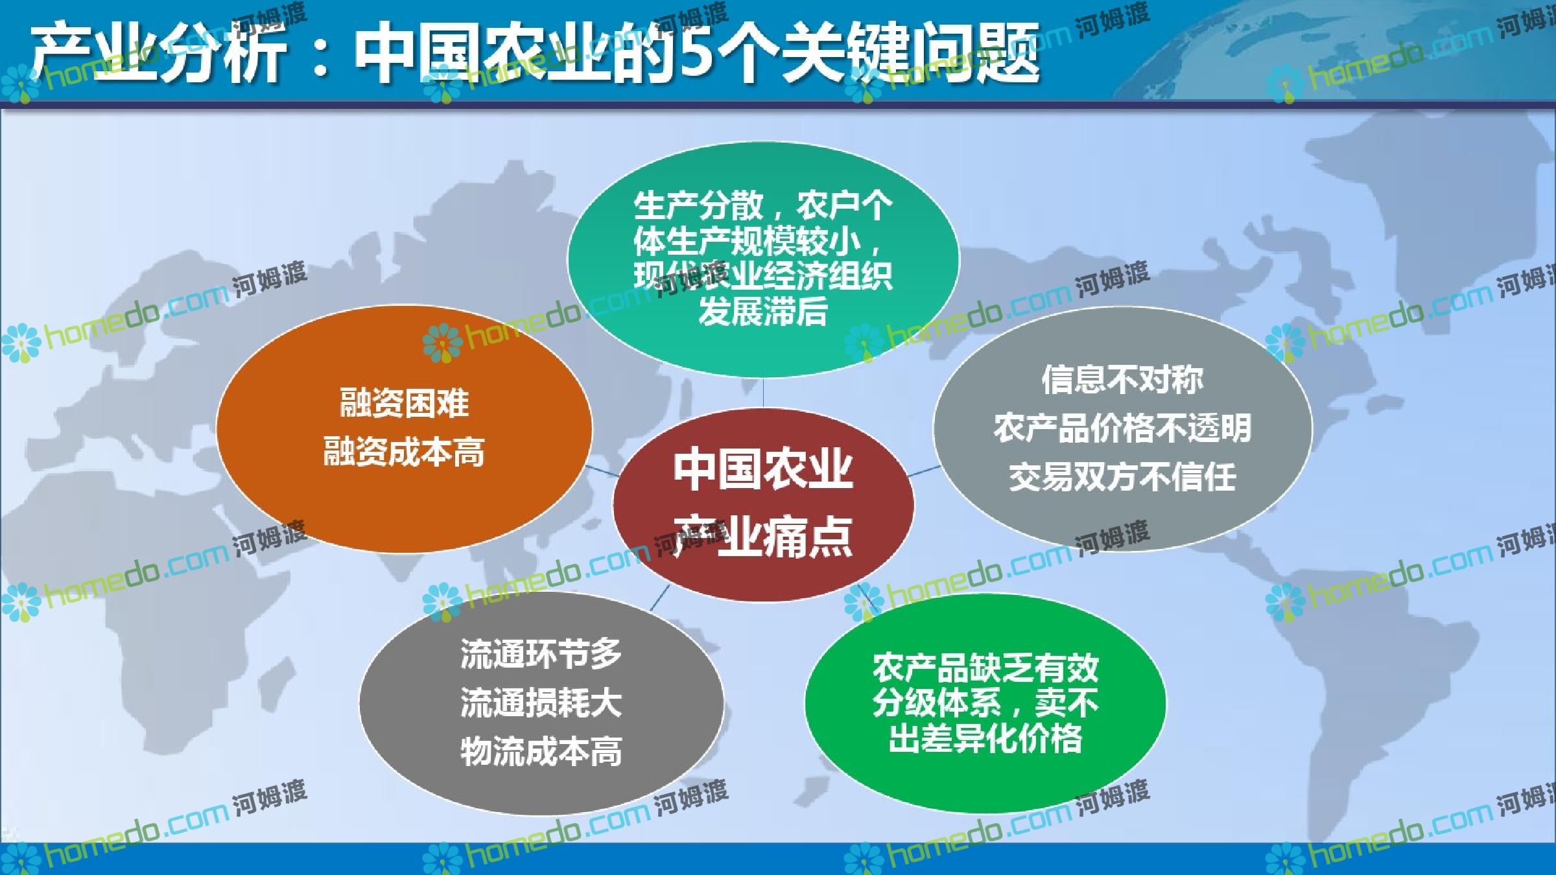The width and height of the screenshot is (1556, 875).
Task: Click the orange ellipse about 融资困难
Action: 404,429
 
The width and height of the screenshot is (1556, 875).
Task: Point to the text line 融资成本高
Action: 404,452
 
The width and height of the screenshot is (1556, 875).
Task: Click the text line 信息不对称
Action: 1122,379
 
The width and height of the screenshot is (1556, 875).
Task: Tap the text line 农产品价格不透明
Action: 1122,428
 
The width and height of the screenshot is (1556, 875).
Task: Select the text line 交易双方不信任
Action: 1122,476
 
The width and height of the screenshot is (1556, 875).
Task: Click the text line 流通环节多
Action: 541,653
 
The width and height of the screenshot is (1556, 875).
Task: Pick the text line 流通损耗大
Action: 541,702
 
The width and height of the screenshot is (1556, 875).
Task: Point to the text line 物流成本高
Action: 541,751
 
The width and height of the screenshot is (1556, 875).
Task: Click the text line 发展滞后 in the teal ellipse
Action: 763,312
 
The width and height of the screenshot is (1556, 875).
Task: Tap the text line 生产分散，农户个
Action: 763,206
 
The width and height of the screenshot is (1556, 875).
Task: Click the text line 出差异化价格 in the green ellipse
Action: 985,738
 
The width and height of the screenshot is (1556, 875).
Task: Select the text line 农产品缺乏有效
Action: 985,668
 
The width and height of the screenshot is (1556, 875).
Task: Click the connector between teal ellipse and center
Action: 763,393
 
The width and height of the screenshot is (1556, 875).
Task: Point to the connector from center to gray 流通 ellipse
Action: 660,597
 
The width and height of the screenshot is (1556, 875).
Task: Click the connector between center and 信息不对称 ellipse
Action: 923,471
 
